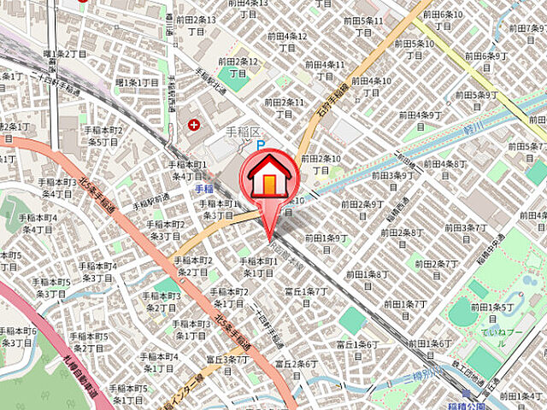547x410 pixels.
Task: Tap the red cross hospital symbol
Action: tap(195, 125)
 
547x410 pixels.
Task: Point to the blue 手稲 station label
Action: tap(203, 187)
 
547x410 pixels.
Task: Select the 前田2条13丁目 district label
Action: tap(197, 25)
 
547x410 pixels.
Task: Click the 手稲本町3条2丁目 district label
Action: tap(162, 302)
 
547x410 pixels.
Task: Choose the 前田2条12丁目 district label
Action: tap(238, 67)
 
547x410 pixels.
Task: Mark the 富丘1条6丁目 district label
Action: tap(357, 350)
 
